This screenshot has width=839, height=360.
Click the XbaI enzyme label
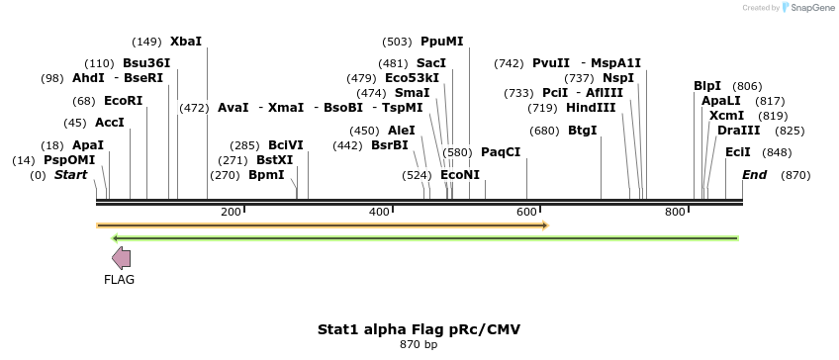186,42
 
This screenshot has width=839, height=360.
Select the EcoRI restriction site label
123,101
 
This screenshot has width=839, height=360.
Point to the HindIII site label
590,108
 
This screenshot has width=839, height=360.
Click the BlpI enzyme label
707,86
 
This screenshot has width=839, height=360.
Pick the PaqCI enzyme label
501,152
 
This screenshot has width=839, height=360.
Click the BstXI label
275,159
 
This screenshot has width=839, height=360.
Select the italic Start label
70,175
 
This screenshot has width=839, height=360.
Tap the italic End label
754,175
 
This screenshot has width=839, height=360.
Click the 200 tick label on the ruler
232,212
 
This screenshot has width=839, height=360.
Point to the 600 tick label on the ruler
526,212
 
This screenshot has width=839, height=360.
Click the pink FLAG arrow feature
121,258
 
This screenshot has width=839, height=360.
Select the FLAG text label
119,280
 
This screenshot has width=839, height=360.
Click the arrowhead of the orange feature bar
544,225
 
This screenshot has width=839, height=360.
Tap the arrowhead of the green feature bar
116,238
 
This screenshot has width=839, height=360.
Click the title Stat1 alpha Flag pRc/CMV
419,328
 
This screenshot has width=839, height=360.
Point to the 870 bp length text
419,344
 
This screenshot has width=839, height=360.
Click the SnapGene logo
807,8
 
